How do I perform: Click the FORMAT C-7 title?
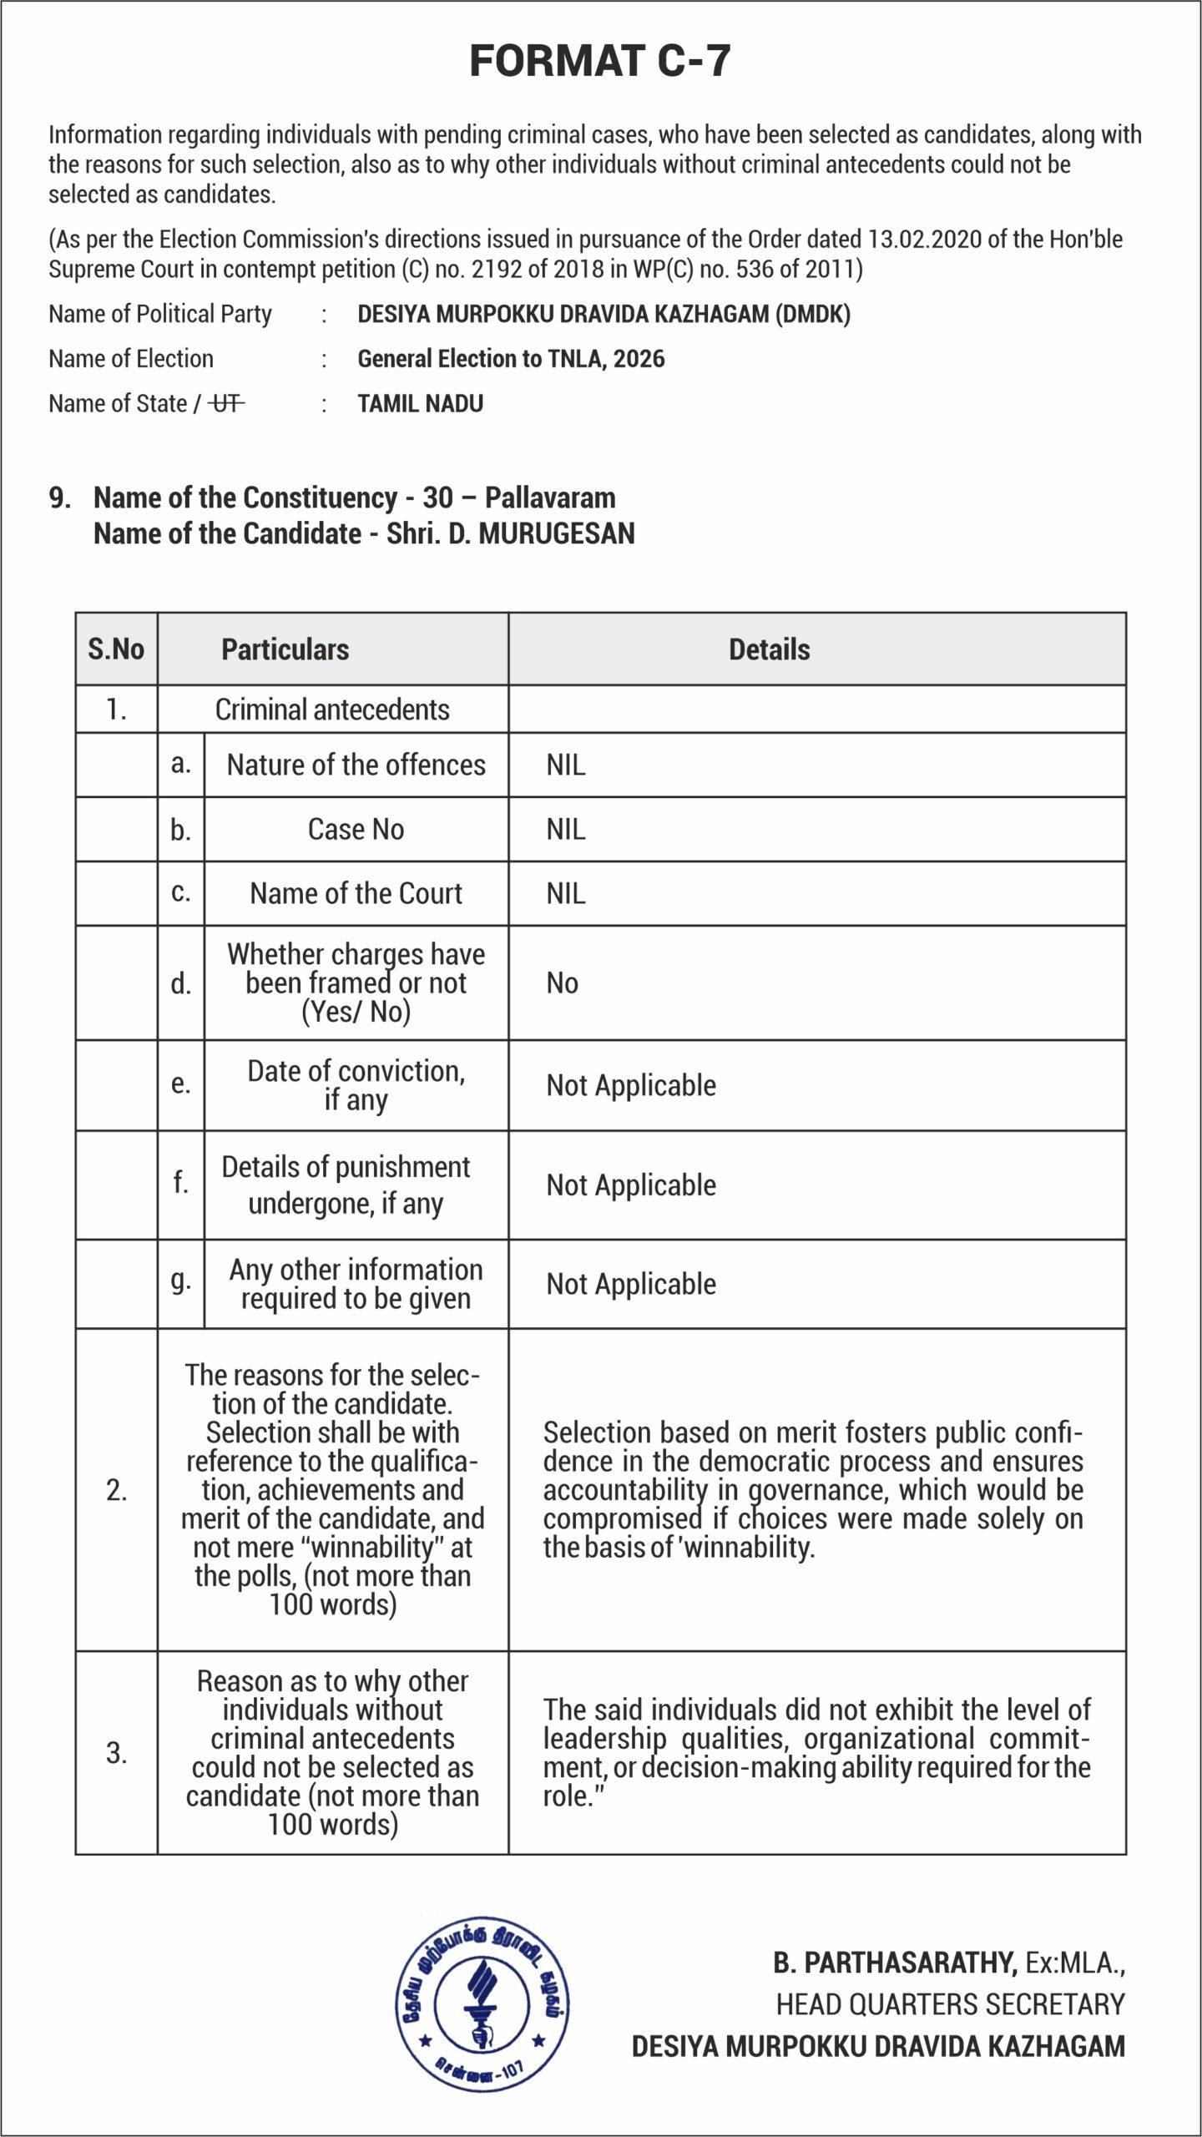tap(600, 61)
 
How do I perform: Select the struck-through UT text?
tap(226, 404)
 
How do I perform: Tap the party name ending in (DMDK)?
tap(604, 315)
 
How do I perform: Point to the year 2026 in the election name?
tap(639, 359)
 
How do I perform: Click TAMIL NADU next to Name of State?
tap(420, 404)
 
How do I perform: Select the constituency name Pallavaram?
tap(550, 498)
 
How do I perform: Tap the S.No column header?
tap(116, 649)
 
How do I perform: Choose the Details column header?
tap(769, 649)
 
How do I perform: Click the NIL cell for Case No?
tap(566, 830)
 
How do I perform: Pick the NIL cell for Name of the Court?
tap(566, 894)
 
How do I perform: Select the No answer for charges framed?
tap(562, 983)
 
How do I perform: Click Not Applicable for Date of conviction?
tap(631, 1086)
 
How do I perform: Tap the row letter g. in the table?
tap(180, 1280)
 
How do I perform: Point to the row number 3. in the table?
tap(116, 1752)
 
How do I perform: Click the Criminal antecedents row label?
tap(332, 710)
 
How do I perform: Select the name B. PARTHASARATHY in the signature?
tap(894, 1963)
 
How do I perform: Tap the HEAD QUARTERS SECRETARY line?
tap(950, 2004)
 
